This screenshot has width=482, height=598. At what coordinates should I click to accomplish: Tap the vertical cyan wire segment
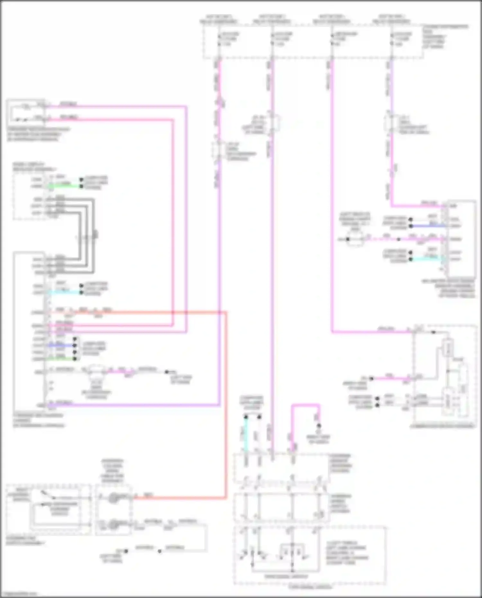[246, 434]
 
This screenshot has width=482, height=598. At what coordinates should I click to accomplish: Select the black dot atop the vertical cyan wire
[246, 417]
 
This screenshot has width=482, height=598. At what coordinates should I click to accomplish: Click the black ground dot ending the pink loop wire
[319, 426]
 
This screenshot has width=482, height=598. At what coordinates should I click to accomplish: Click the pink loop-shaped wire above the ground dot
[305, 406]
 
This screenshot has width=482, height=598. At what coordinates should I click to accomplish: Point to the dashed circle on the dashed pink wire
[355, 239]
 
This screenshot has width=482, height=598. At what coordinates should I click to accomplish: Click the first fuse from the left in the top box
[219, 39]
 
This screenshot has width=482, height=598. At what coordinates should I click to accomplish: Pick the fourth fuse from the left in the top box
[392, 39]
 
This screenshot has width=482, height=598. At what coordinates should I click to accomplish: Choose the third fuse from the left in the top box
[332, 39]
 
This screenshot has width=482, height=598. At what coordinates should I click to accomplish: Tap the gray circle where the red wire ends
[113, 498]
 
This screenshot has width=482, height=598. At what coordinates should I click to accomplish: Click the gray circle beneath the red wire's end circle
[113, 524]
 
